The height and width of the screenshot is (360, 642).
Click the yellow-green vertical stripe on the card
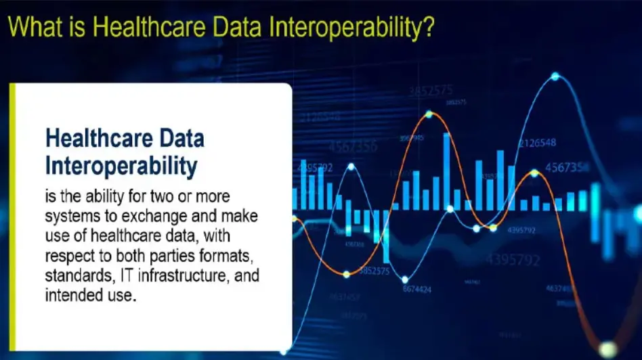pos(12,216)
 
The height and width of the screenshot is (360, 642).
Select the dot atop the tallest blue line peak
pos(555,76)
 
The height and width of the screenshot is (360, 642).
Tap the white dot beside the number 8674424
pos(405,279)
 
